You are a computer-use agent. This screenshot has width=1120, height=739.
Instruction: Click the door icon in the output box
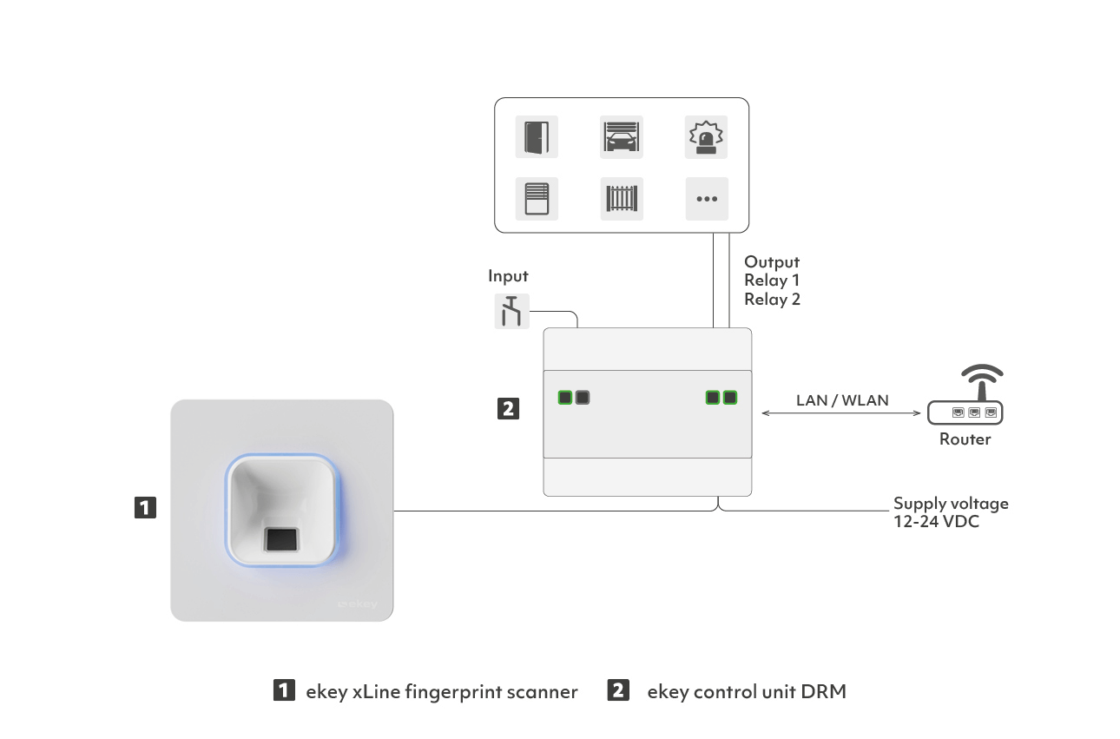536,137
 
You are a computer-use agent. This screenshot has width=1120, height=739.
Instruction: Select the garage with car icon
621,137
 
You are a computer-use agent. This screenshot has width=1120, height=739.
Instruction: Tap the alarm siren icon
706,137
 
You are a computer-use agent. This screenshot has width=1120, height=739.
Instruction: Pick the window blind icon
536,199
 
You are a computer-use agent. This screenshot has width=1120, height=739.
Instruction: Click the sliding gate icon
621,199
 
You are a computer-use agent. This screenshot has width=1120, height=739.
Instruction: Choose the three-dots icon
706,199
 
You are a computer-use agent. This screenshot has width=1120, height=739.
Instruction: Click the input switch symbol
511,311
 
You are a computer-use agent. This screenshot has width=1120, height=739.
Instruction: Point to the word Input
508,276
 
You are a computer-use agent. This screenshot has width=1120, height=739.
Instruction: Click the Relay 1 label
772,280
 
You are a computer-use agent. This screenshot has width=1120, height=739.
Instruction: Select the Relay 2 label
772,300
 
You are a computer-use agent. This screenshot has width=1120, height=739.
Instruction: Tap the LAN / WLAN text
842,400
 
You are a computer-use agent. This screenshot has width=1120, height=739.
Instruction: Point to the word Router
965,439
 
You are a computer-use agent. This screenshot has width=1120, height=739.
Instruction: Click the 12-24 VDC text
936,522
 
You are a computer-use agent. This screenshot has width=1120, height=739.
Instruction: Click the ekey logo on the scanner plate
357,604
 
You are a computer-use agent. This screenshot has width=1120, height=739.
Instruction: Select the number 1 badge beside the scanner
145,507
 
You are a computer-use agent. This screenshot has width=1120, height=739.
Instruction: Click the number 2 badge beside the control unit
508,408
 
